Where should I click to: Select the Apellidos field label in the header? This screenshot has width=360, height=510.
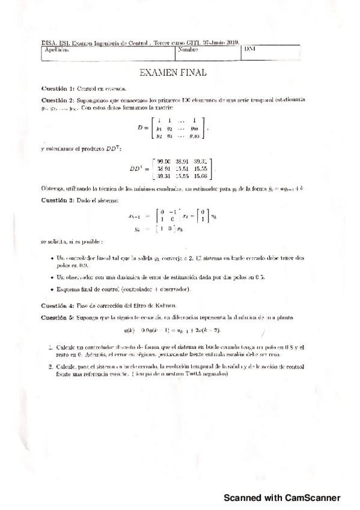point(57,51)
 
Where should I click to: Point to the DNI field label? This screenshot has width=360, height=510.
point(251,49)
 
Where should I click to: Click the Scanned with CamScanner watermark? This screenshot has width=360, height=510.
point(282,498)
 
